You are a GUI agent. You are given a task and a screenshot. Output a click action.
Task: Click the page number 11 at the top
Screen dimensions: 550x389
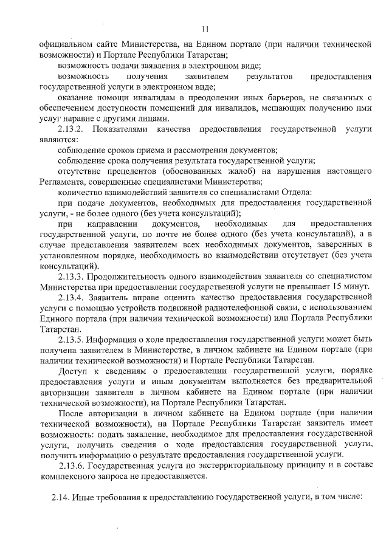click(205, 29)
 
